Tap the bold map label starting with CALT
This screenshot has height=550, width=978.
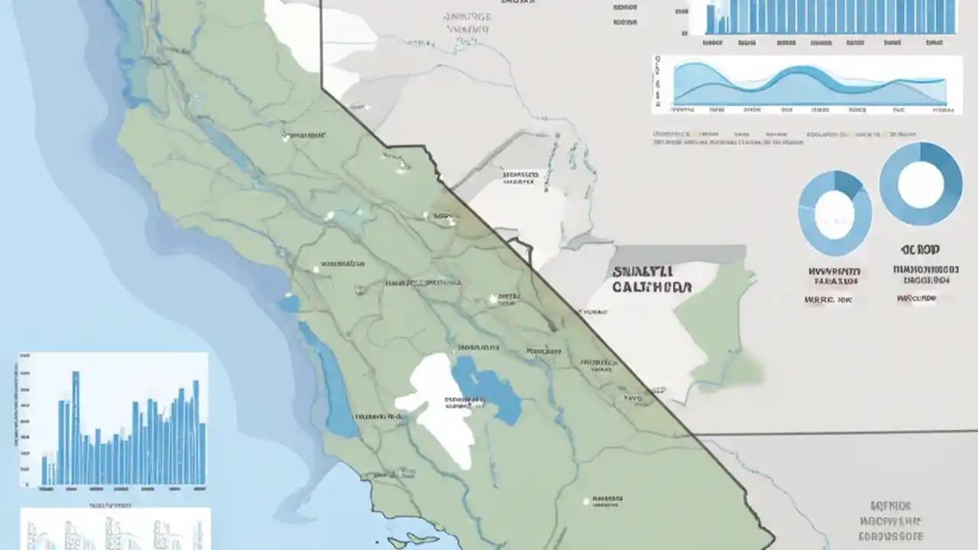coord(652,288)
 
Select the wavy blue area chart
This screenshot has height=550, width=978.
coord(809,84)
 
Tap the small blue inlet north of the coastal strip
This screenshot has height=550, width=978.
coord(289,303)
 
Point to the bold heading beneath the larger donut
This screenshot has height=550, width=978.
coord(920,250)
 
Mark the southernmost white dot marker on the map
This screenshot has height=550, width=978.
coord(586,501)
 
